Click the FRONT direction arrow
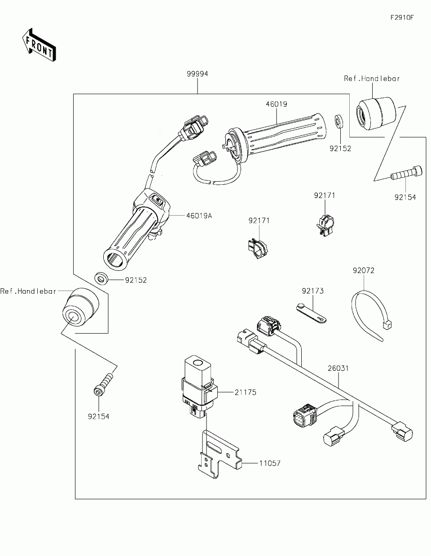tap(39, 45)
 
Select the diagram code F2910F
tap(402, 17)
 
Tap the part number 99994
tap(197, 74)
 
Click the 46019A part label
tap(199, 216)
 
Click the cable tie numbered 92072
tap(370, 315)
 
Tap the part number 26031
tap(338, 369)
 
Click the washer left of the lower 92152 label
tap(101, 278)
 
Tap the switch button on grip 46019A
tap(157, 199)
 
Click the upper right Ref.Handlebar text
tap(372, 78)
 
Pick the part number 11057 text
tap(270, 463)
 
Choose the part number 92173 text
tap(312, 291)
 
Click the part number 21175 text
tap(245, 392)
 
